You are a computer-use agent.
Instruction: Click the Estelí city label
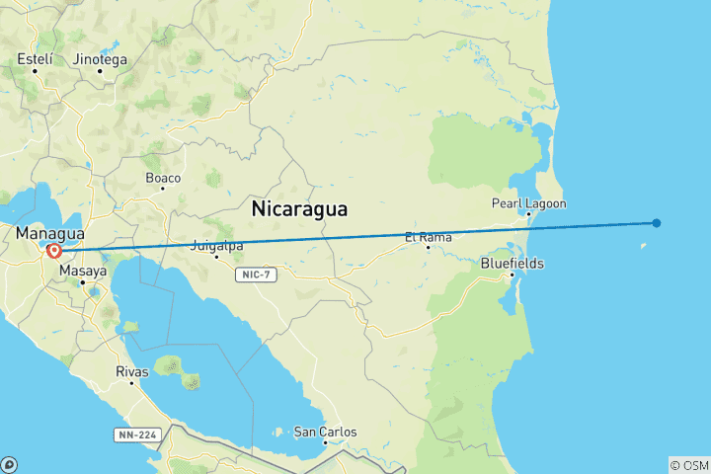tap(35, 59)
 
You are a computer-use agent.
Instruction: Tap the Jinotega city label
tap(101, 59)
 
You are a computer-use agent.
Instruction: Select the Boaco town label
tap(163, 178)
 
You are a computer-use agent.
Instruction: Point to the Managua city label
tap(49, 234)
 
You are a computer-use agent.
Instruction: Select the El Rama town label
tap(429, 237)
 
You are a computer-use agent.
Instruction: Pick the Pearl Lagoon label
tap(529, 203)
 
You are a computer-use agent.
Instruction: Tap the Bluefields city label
tap(512, 264)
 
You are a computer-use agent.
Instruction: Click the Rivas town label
tap(132, 371)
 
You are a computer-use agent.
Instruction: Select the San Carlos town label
tap(325, 432)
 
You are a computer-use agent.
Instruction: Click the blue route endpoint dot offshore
tap(657, 222)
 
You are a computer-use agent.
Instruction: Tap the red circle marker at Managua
tap(53, 251)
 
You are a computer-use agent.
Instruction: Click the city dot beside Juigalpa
tap(216, 257)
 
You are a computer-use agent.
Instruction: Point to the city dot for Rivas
tap(132, 383)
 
